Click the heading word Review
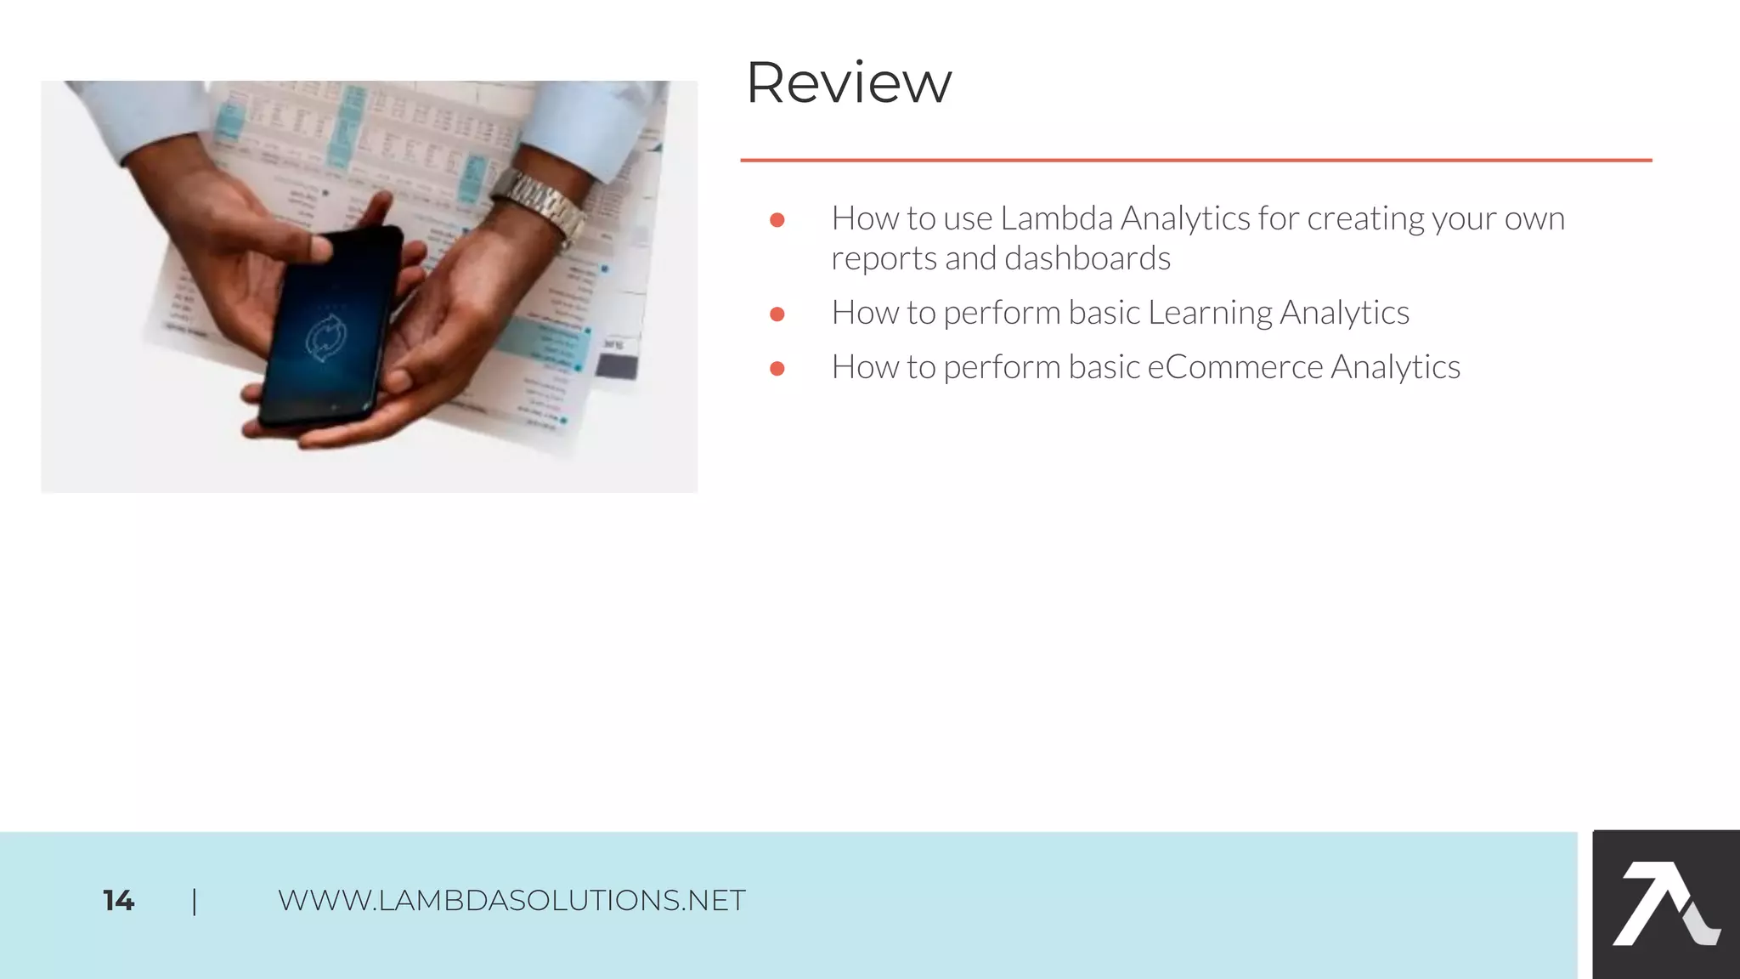pos(848,83)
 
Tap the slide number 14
pos(118,901)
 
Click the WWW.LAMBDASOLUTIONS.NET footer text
pos(511,901)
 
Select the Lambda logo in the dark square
pos(1665,904)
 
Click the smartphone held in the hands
pos(331,327)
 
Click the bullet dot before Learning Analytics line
pos(777,314)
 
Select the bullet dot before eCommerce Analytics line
pos(777,369)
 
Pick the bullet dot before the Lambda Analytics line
pos(777,220)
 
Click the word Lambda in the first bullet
pos(1056,219)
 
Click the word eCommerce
pos(1234,368)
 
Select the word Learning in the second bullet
pos(1210,314)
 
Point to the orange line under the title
pos(1195,160)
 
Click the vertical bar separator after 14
pos(195,901)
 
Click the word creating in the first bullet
pos(1365,219)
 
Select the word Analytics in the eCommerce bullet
pos(1395,368)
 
